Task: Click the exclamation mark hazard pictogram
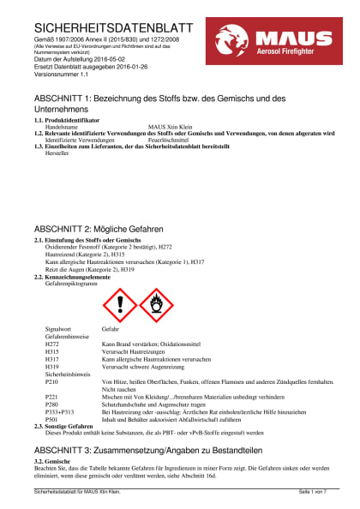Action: point(119,304)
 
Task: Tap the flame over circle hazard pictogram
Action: point(155,304)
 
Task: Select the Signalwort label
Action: point(57,329)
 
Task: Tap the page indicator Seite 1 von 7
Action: point(312,492)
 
